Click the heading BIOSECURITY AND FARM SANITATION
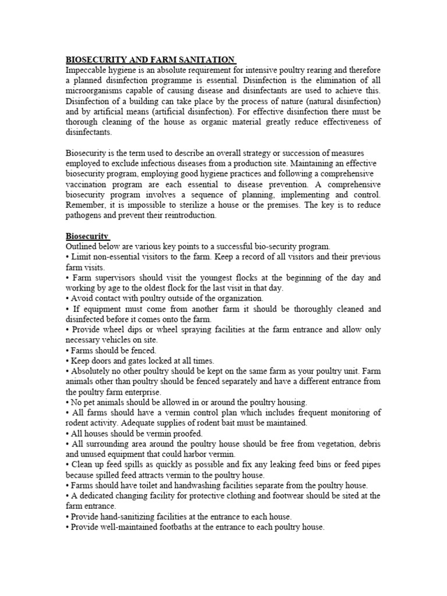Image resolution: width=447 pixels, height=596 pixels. tap(150, 59)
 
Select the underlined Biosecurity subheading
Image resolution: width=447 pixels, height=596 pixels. tap(87, 236)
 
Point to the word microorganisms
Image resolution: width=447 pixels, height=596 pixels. tap(95, 91)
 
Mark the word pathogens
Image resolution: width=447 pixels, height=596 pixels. tap(85, 215)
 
